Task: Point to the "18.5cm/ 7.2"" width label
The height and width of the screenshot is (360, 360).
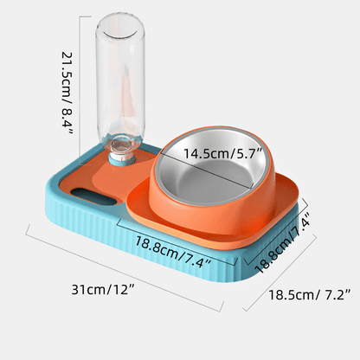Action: (x=308, y=295)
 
